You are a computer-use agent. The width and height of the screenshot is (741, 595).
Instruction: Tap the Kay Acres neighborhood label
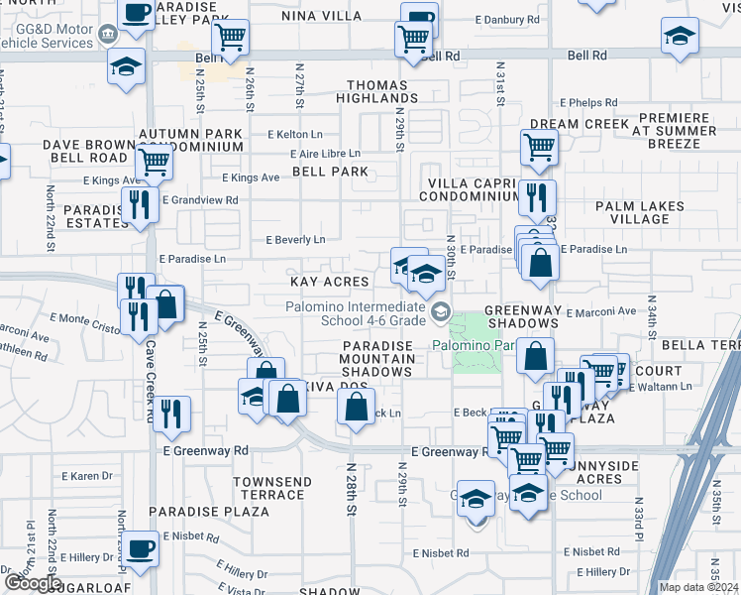[329, 283]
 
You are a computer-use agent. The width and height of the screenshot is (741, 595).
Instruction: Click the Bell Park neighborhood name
[330, 172]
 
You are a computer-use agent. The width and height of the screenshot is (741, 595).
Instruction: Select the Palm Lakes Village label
[640, 212]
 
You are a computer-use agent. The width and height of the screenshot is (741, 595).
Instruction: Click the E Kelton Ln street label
[295, 134]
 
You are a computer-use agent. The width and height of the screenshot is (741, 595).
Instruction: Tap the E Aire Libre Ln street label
[325, 154]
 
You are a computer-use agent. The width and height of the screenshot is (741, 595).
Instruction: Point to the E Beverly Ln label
[295, 240]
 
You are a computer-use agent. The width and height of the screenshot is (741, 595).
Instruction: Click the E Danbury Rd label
[507, 19]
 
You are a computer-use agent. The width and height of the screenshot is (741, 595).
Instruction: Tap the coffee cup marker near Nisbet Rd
[141, 548]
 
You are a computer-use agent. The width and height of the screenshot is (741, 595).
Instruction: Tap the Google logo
[31, 583]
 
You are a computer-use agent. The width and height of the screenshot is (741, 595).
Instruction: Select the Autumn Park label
[190, 134]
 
